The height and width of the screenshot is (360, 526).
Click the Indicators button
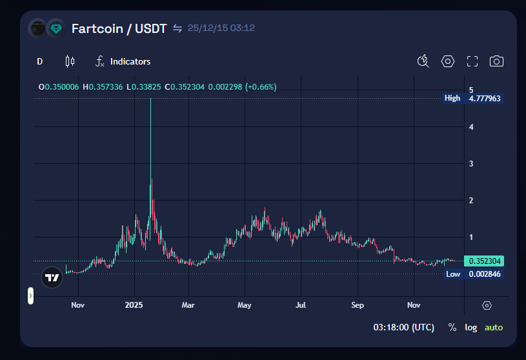(x=123, y=61)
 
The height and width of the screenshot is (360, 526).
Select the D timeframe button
(x=40, y=61)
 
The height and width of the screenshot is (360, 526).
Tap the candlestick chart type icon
(x=70, y=61)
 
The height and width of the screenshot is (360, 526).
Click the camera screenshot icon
(x=496, y=61)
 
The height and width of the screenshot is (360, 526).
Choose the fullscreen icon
(x=472, y=61)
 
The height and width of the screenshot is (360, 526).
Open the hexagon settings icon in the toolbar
(x=448, y=61)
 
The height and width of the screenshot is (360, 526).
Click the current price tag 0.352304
(x=485, y=261)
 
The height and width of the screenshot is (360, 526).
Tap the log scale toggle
(x=471, y=327)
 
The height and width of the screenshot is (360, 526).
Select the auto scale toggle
(x=494, y=327)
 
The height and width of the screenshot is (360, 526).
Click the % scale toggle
(x=452, y=327)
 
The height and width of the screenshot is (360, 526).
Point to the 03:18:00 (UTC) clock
(x=403, y=327)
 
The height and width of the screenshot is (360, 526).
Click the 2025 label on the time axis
(x=134, y=305)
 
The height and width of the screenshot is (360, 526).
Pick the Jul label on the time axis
(x=301, y=305)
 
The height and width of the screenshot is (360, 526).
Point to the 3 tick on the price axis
(x=471, y=164)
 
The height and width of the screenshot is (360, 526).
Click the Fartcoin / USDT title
(x=119, y=28)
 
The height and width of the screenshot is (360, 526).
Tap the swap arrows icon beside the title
(x=177, y=28)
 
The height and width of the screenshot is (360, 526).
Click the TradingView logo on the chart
(x=52, y=278)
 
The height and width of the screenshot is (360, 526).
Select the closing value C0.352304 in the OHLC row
(x=185, y=86)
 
